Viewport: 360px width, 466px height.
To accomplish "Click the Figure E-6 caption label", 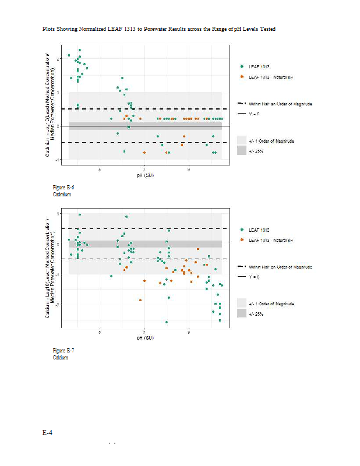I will tap(63, 188).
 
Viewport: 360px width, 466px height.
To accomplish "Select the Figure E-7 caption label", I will tap(63, 351).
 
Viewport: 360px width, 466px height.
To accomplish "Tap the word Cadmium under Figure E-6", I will tap(62, 195).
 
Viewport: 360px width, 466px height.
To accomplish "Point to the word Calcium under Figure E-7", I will tap(61, 358).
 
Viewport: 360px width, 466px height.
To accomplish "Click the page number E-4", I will tap(47, 433).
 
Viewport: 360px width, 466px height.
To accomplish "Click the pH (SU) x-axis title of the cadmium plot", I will tap(145, 175).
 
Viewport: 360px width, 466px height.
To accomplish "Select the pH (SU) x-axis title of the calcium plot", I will tap(145, 338).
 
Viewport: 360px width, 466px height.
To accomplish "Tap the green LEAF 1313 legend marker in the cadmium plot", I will tap(242, 67).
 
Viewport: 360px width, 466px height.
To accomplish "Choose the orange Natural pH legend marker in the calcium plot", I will tap(242, 240).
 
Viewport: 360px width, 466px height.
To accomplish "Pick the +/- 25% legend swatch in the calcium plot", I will tap(242, 313).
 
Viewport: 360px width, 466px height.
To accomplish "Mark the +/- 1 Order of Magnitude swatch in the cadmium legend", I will tap(242, 141).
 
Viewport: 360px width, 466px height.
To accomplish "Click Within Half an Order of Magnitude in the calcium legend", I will tap(280, 266).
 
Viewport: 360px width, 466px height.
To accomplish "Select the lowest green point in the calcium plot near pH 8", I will tap(167, 322).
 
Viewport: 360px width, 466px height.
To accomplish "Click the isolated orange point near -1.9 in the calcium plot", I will tap(140, 300).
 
